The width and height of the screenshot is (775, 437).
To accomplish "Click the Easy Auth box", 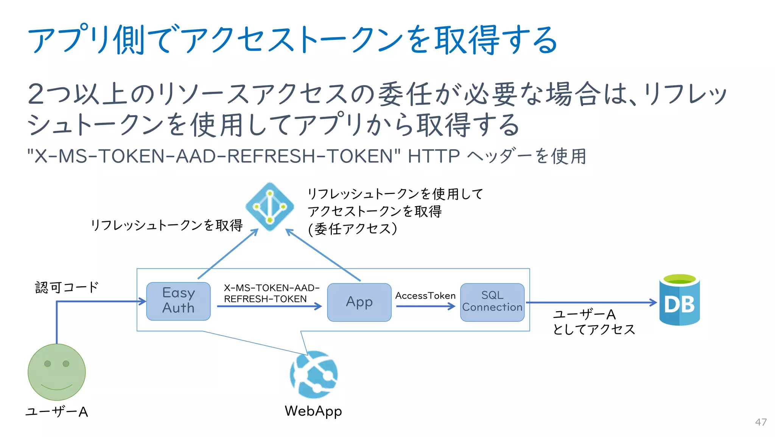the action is (x=178, y=301).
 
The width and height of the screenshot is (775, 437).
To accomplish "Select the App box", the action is (x=359, y=302).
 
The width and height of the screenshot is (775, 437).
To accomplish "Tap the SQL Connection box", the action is (x=492, y=302).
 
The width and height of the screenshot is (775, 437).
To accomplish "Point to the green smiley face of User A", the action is (x=57, y=372).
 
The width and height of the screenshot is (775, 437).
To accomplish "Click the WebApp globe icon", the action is (x=314, y=374).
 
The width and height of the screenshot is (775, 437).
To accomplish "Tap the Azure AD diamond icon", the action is (x=270, y=207).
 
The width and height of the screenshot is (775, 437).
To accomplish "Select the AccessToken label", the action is (x=425, y=296).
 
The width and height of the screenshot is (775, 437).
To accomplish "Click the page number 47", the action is (x=761, y=422).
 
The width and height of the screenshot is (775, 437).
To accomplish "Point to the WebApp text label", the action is (x=313, y=411).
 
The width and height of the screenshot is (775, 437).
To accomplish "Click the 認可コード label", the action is (x=67, y=287).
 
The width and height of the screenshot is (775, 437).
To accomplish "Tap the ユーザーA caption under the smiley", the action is (x=57, y=412).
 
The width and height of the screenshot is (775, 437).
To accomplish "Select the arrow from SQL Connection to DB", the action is (x=590, y=302).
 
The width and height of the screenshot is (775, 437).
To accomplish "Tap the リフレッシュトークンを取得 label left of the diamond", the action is (x=167, y=225).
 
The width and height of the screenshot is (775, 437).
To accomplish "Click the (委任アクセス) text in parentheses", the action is (x=352, y=229).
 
